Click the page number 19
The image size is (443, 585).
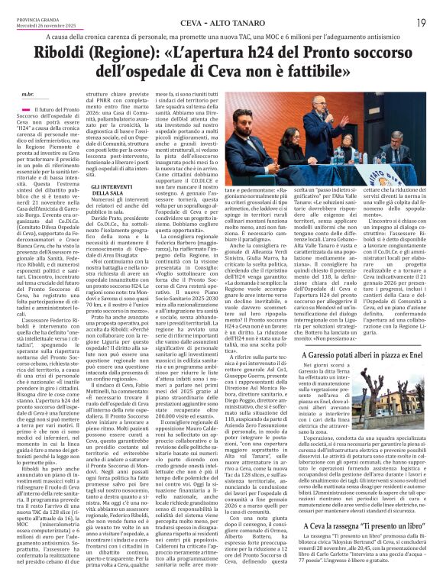click(x=422, y=22)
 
